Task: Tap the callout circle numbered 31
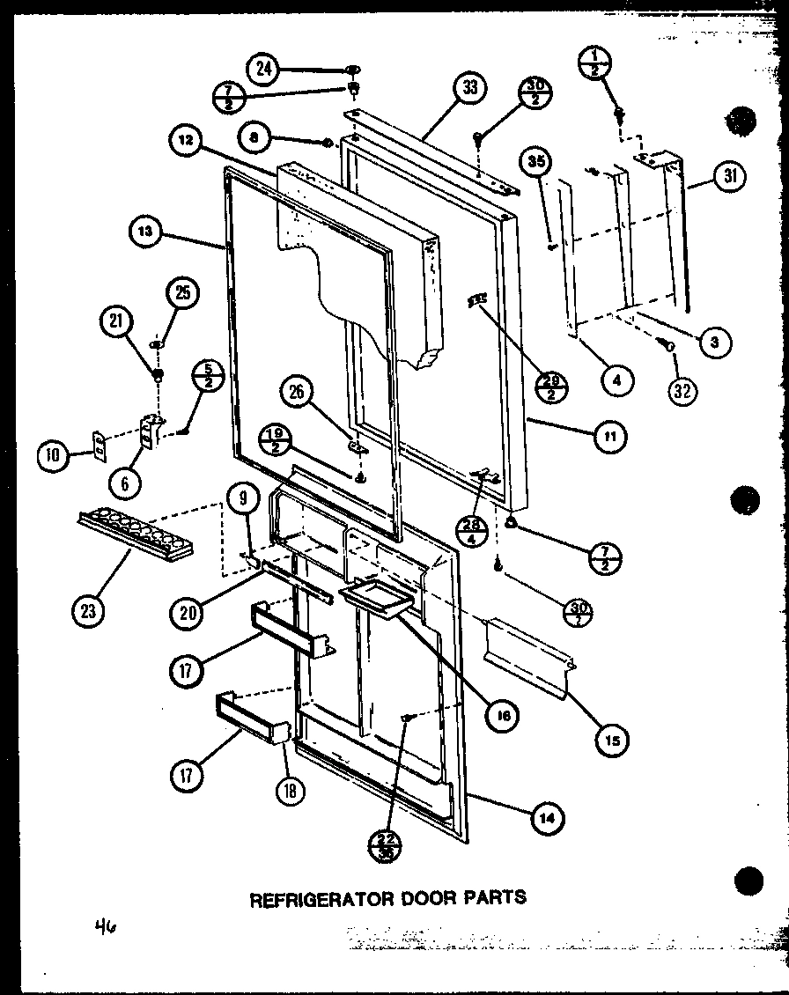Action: [729, 177]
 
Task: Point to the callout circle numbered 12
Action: [188, 141]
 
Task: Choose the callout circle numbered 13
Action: [144, 232]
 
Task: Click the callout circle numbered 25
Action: [183, 293]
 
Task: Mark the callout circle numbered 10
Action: [52, 454]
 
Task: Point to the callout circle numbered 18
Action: [290, 790]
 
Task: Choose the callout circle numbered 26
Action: [297, 391]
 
